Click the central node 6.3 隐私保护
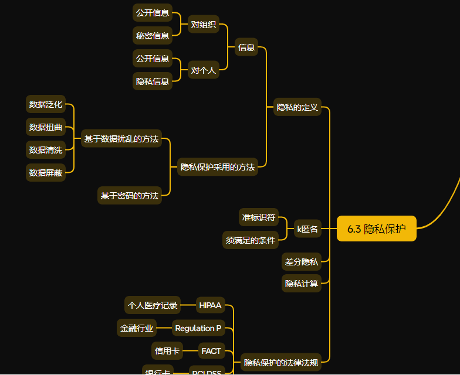click(376, 229)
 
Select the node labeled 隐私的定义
click(297, 107)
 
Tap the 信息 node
click(246, 47)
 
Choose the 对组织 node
click(203, 25)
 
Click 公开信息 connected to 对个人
click(153, 59)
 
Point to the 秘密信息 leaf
click(153, 35)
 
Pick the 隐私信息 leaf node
click(153, 81)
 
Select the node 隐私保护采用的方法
click(218, 167)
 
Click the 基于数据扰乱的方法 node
click(121, 139)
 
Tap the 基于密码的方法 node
click(129, 196)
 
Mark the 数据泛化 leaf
click(46, 104)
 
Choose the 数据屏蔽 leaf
click(46, 172)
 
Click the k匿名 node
click(307, 229)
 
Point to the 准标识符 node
click(259, 217)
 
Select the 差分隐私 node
click(302, 262)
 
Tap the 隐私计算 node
click(302, 284)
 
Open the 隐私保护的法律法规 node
click(281, 363)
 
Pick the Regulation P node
click(198, 328)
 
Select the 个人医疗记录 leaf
click(153, 305)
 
